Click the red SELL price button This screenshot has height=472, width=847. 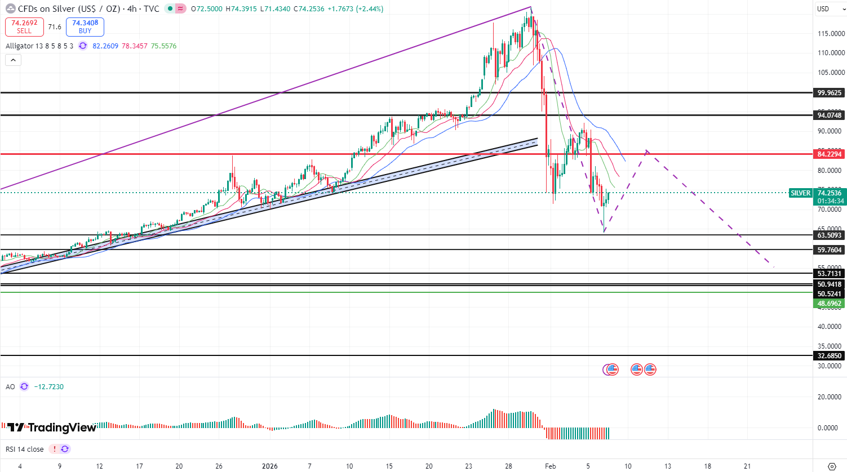point(24,26)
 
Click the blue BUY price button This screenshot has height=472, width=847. point(85,26)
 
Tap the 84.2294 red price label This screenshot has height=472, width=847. point(829,154)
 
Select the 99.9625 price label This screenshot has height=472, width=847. point(829,93)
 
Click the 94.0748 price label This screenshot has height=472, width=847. point(829,115)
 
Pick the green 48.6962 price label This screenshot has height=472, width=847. point(829,304)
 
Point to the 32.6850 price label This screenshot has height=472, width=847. point(829,356)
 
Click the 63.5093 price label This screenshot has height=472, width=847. point(829,235)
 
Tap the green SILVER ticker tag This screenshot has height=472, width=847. point(800,193)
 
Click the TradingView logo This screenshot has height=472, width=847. point(52,428)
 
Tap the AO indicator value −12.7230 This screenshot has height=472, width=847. point(49,387)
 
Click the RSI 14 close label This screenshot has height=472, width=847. point(25,449)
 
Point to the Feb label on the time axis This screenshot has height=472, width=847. point(551,466)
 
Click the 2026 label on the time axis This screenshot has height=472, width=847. point(270,466)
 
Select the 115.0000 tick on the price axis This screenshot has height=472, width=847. point(831,34)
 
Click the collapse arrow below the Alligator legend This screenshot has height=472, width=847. point(13,60)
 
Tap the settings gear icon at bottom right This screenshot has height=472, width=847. point(832,466)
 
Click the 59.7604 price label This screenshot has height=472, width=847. point(829,250)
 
